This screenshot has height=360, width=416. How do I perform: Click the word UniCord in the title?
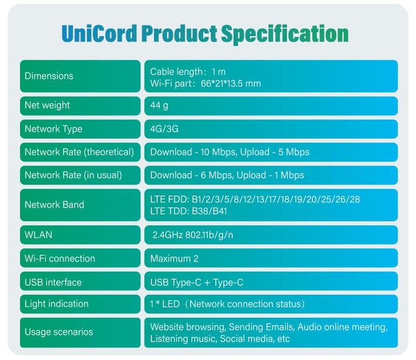click(99, 33)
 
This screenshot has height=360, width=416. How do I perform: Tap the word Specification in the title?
click(285, 34)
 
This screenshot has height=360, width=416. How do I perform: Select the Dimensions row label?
click(49, 76)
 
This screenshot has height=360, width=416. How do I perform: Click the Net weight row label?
click(47, 105)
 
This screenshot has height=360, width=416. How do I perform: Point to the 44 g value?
click(159, 105)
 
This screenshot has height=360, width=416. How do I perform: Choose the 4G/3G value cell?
click(271, 129)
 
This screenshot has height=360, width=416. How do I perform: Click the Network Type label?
click(53, 129)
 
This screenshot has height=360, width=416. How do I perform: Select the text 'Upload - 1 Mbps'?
click(270, 175)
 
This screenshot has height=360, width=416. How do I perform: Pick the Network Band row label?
click(54, 205)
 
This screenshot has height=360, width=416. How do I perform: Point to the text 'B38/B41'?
click(209, 211)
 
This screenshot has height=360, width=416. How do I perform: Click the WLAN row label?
click(38, 234)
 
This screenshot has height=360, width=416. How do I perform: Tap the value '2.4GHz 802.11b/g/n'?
click(193, 235)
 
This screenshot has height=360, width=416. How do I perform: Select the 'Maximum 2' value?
click(174, 259)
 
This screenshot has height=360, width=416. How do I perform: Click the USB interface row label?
click(53, 282)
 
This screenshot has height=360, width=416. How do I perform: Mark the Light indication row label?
click(57, 304)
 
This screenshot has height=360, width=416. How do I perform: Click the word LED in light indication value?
click(171, 304)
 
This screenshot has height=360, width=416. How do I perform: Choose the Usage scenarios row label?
click(59, 332)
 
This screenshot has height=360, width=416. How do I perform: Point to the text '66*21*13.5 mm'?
click(231, 84)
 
